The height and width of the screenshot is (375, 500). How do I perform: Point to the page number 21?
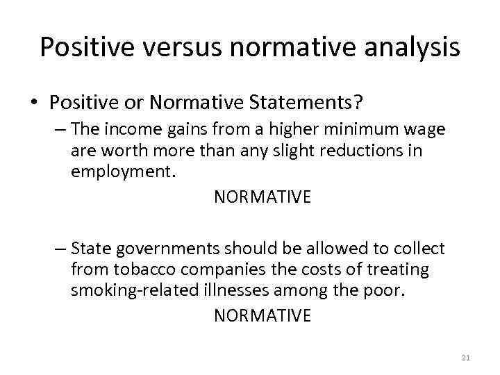pos(465,358)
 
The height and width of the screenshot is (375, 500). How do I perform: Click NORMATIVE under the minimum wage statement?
pos(262,197)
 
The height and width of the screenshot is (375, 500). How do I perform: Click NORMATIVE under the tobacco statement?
pos(262,316)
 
